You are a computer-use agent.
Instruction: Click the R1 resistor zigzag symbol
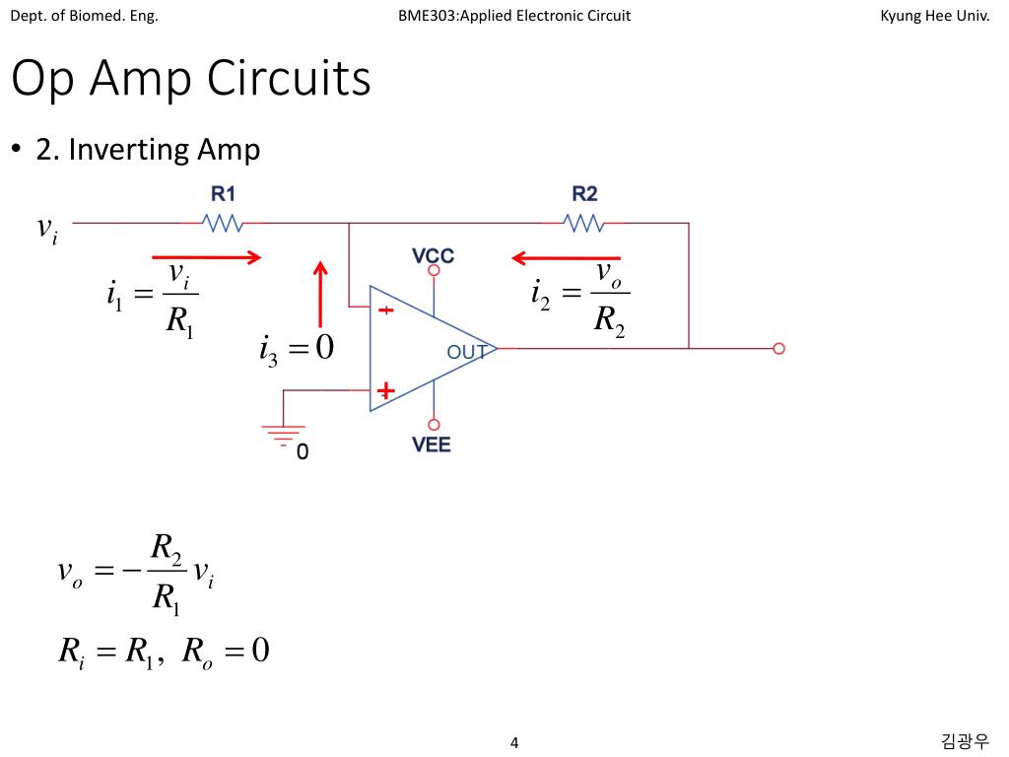[x=223, y=224]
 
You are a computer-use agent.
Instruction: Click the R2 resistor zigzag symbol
[x=583, y=224]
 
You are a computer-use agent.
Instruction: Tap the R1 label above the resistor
[x=224, y=194]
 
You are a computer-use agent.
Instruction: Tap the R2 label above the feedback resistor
[x=584, y=194]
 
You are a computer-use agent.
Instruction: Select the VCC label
[x=434, y=255]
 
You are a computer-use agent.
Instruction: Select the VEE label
[x=432, y=445]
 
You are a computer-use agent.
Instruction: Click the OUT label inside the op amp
[x=466, y=352]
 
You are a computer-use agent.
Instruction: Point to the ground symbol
[x=283, y=435]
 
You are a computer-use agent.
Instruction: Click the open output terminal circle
[x=778, y=348]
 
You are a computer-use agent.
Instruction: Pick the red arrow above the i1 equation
[x=207, y=257]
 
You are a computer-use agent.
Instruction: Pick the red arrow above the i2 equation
[x=566, y=258]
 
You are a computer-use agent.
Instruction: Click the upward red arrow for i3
[x=320, y=294]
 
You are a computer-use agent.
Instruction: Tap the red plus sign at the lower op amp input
[x=385, y=390]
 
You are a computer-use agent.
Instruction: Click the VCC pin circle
[x=434, y=270]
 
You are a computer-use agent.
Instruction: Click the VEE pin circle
[x=434, y=425]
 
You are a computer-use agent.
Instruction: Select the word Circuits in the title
[x=289, y=78]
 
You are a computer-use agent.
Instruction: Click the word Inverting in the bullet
[x=129, y=150]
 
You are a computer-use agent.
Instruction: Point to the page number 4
[x=514, y=743]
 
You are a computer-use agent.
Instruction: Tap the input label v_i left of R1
[x=47, y=230]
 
